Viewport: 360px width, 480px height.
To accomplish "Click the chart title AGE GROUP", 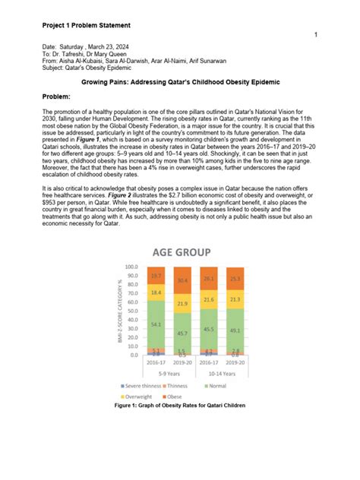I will click(180, 252).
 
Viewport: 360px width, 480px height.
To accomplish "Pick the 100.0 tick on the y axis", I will click(131, 267).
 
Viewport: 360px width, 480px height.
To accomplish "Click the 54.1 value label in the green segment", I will click(155, 324).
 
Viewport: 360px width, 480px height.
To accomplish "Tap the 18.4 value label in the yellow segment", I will click(155, 292).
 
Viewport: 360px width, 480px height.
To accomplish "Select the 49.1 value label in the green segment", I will click(235, 330).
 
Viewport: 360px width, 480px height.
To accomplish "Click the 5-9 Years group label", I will click(169, 373).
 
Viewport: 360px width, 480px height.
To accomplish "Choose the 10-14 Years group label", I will click(222, 373).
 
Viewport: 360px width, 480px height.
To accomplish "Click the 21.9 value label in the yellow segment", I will click(182, 303).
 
